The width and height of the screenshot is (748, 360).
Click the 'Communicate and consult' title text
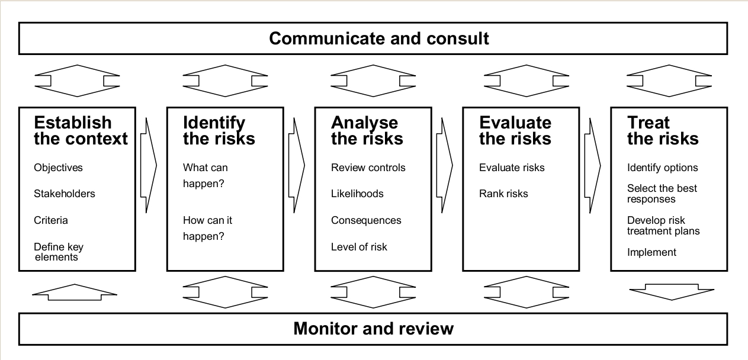tap(379, 38)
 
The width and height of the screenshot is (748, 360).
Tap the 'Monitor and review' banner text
tap(373, 328)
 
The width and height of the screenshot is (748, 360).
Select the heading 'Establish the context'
tap(81, 131)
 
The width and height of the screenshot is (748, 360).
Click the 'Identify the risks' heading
tap(219, 131)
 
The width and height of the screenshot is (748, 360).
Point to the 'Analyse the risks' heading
tap(367, 131)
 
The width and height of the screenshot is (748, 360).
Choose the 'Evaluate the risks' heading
tap(515, 131)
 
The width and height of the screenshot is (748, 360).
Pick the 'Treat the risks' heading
tap(662, 131)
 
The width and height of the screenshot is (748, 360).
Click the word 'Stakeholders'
tap(64, 194)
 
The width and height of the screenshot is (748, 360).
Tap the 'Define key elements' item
tap(59, 252)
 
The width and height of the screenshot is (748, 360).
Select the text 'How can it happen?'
tap(207, 228)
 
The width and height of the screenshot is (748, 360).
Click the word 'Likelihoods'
tap(357, 194)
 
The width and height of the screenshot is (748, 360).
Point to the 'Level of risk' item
tap(359, 246)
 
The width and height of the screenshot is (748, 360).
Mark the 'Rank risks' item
tap(503, 194)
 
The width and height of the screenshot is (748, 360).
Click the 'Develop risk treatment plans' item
tap(663, 226)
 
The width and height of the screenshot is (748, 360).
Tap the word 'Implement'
tap(651, 252)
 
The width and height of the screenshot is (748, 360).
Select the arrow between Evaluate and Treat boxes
tap(592, 164)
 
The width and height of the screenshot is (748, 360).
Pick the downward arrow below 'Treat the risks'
tap(671, 291)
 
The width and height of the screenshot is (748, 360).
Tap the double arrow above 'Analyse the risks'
tap(373, 81)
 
